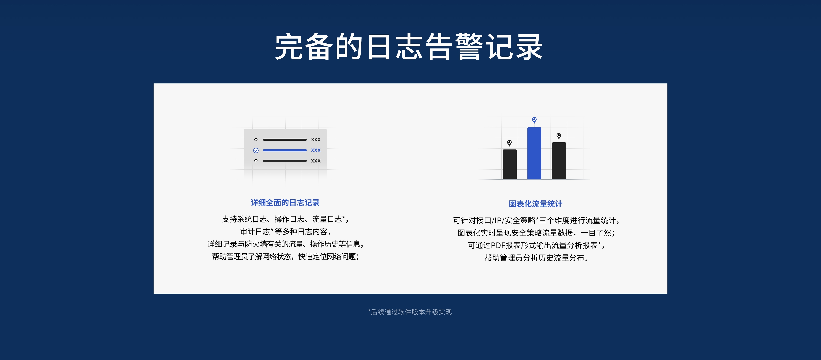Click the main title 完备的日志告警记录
click(x=409, y=47)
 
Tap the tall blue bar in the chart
click(x=534, y=153)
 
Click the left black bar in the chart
click(x=510, y=165)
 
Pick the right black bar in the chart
click(x=559, y=161)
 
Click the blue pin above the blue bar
click(x=534, y=120)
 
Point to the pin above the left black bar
click(x=509, y=143)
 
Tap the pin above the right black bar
click(x=559, y=136)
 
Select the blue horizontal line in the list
click(x=285, y=150)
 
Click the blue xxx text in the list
click(x=316, y=150)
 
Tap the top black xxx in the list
click(x=316, y=140)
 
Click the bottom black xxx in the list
click(x=316, y=161)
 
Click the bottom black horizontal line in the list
click(x=285, y=161)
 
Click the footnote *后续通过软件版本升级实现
click(x=410, y=312)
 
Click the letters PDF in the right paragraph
click(x=498, y=245)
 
